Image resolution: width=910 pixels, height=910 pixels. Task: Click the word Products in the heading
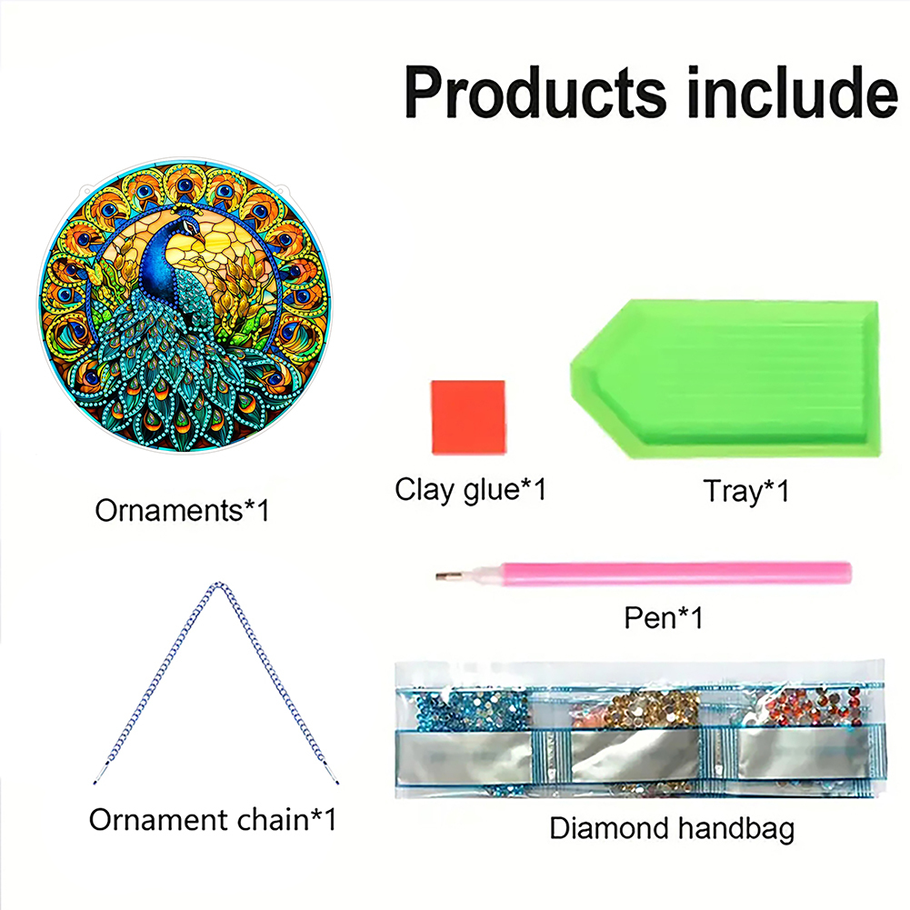(535, 93)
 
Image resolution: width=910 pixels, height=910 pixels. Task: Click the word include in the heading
(793, 92)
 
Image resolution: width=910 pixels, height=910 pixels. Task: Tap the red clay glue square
(468, 417)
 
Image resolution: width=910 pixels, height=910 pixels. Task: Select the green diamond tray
(725, 378)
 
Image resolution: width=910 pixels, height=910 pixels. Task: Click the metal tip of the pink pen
(450, 575)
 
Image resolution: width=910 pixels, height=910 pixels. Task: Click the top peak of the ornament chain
(218, 584)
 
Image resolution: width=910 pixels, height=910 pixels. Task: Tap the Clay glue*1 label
(470, 490)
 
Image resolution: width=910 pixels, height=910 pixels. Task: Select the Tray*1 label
(746, 492)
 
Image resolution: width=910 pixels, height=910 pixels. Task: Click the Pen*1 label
(664, 617)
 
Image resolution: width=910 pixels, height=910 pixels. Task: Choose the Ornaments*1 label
(182, 511)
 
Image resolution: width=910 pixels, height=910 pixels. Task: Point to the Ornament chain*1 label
(213, 820)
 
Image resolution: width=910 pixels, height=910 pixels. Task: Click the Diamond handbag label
(672, 829)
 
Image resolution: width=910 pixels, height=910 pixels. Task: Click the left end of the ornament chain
(95, 783)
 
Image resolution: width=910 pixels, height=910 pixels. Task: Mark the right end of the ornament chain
(337, 783)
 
